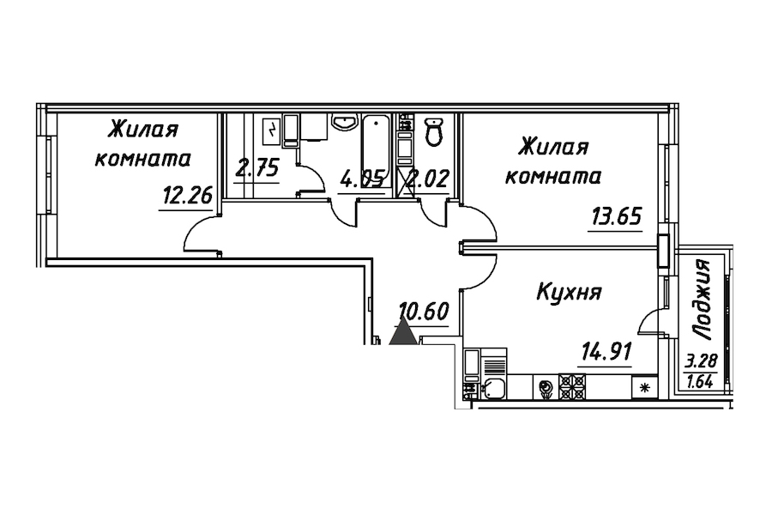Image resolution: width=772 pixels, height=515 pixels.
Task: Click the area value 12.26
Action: coord(186,197)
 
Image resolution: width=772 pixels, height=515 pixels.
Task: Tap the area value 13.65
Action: coord(615,215)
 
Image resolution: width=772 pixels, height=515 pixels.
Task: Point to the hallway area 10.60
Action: coord(424,311)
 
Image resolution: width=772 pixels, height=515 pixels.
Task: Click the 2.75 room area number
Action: coord(257,167)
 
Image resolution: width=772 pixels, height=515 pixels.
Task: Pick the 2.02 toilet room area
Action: coord(428,181)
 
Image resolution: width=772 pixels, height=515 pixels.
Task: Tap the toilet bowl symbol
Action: coord(434,132)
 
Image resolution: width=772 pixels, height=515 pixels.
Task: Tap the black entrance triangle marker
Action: coord(402,331)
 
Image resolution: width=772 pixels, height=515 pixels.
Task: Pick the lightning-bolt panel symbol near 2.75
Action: coord(272,131)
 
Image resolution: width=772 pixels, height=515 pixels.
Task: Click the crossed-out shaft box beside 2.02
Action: coord(406,181)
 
